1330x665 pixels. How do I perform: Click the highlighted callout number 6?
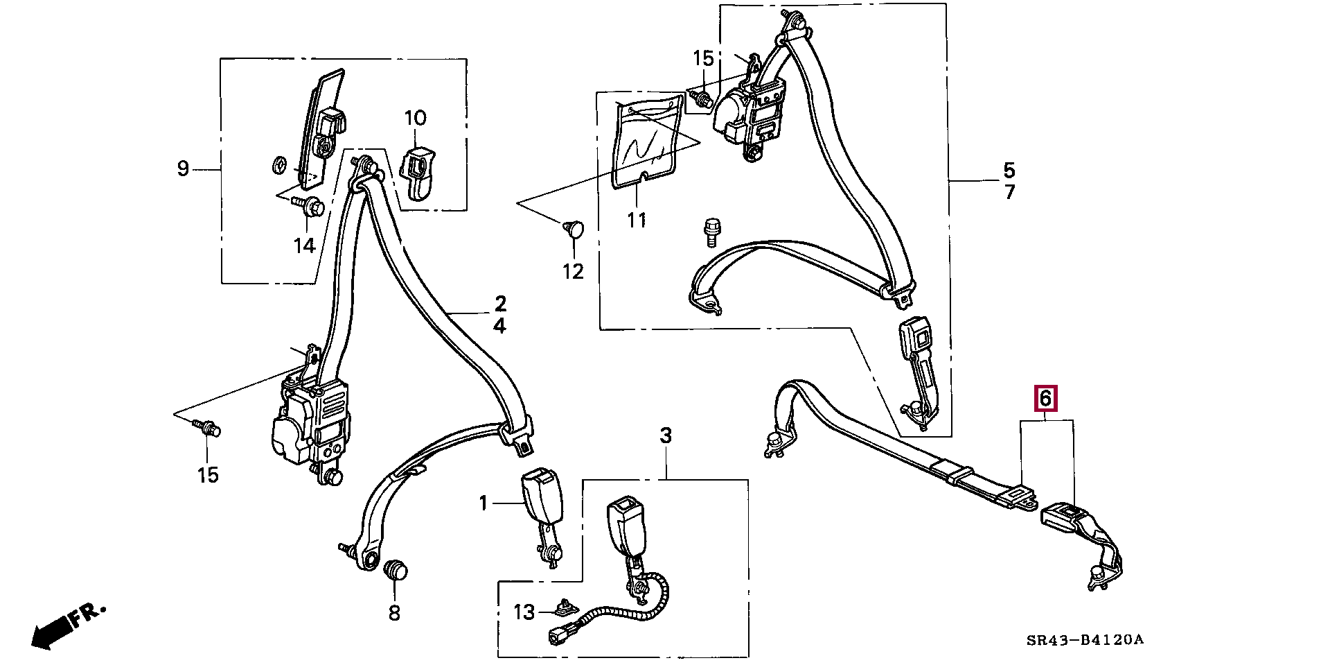(1045, 399)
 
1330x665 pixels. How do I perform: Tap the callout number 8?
(394, 612)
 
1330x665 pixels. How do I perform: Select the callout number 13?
(524, 612)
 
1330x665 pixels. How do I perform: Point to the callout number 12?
(573, 271)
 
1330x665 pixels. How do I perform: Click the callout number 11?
(637, 220)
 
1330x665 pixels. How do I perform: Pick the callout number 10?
(416, 118)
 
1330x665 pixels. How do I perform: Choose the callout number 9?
(183, 169)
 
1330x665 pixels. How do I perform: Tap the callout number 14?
(304, 245)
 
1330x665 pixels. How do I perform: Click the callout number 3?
(666, 435)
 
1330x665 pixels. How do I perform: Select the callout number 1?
(484, 503)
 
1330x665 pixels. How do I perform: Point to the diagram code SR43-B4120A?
(1085, 639)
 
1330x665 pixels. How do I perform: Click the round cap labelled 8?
(396, 570)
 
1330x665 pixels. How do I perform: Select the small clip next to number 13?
(565, 608)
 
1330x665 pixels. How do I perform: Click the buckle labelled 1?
(542, 498)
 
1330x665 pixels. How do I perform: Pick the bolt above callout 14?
(310, 205)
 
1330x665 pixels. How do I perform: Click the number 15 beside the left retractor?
(208, 475)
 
